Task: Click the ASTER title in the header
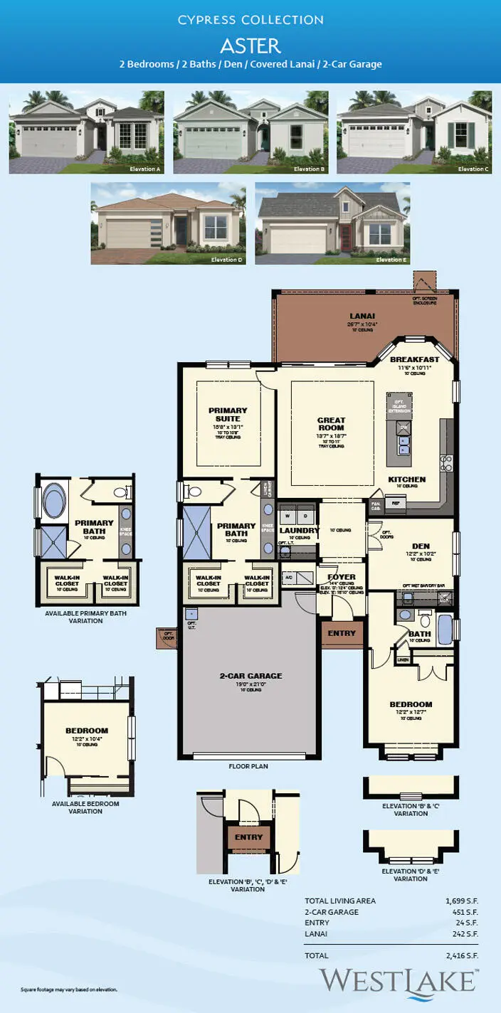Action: [250, 46]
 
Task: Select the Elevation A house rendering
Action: [86, 132]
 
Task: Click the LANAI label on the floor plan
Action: [363, 315]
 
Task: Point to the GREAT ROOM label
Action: [331, 425]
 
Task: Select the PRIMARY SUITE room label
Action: [228, 415]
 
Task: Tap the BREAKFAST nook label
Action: [414, 360]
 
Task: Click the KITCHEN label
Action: [407, 479]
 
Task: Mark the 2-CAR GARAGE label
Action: [250, 676]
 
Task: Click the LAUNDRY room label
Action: [298, 531]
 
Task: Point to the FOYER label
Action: [341, 577]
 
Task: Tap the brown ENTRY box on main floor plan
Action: [342, 633]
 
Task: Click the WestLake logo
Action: [397, 980]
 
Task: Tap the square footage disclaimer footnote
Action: [68, 990]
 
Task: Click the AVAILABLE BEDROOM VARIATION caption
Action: [85, 807]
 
